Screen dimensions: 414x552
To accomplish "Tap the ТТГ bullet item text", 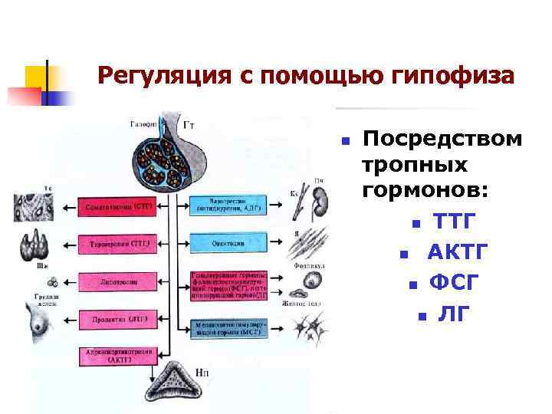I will click(x=454, y=222).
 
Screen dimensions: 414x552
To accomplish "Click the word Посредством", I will click(x=442, y=139).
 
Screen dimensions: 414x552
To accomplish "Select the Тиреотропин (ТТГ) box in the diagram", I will click(x=116, y=245).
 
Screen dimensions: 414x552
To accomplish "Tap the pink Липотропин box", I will click(x=116, y=282).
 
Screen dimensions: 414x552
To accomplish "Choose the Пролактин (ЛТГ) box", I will click(x=116, y=319).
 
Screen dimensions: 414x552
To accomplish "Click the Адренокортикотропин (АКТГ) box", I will click(x=116, y=356).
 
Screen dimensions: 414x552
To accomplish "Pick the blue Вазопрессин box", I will click(x=228, y=204).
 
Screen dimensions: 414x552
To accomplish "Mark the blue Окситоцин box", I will click(x=228, y=243).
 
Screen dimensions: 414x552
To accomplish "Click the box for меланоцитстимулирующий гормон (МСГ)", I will click(x=228, y=327).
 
